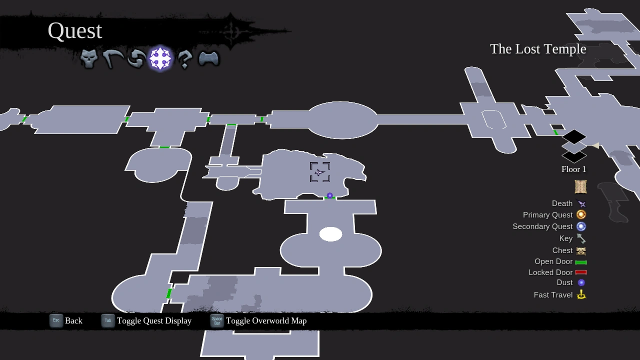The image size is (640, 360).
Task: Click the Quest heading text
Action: tap(75, 31)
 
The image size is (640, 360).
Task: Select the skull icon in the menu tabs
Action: tap(89, 59)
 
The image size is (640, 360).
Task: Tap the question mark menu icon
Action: tap(184, 59)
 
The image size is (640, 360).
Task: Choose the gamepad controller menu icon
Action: tap(208, 59)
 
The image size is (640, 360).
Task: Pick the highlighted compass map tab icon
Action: tap(160, 59)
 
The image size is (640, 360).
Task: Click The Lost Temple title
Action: tap(538, 49)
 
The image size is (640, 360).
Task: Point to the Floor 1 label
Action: tap(573, 169)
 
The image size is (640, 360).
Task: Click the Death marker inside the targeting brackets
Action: tap(319, 172)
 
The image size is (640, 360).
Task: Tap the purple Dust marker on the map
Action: tap(329, 195)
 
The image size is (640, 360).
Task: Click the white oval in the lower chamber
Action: tap(330, 234)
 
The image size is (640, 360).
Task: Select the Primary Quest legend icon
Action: tap(581, 214)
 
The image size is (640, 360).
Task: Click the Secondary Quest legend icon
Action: tap(581, 226)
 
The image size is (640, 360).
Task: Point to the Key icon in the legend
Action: tap(581, 238)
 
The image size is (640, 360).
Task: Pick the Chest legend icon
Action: tap(581, 250)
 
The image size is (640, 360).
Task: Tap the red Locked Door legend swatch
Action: tap(581, 272)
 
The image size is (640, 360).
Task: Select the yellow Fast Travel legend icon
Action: tap(581, 295)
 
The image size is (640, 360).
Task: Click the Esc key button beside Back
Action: tap(56, 320)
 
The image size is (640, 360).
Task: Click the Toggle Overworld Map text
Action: tap(266, 321)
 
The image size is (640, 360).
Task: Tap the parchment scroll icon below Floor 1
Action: tap(580, 186)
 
